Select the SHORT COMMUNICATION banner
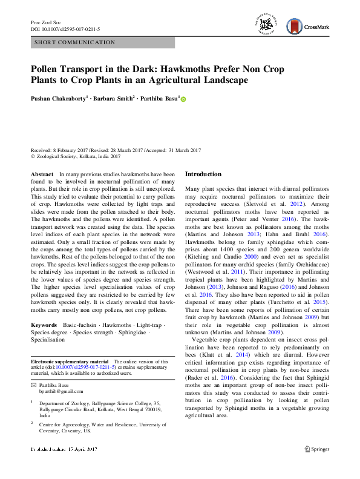[x=76, y=42]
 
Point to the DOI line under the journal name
[x=65, y=28]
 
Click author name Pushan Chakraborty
[x=59, y=98]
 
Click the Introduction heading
[x=203, y=174]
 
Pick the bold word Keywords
[x=45, y=325]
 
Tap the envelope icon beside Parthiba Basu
[x=33, y=385]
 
